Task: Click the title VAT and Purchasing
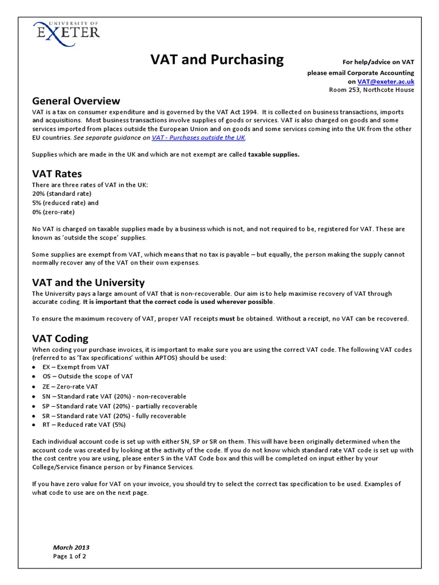tap(217, 59)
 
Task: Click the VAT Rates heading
tap(57, 174)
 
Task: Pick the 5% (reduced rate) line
tap(66, 203)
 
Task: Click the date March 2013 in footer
tap(71, 547)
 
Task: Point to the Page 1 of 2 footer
tap(70, 556)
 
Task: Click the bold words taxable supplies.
tap(273, 154)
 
